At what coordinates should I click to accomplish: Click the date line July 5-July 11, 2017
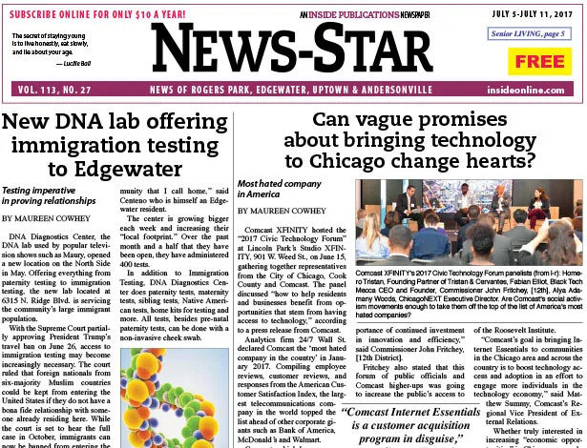pos(530,12)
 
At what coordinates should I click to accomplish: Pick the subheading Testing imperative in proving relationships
pos(59,195)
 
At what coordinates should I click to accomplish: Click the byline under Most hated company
pos(286,212)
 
